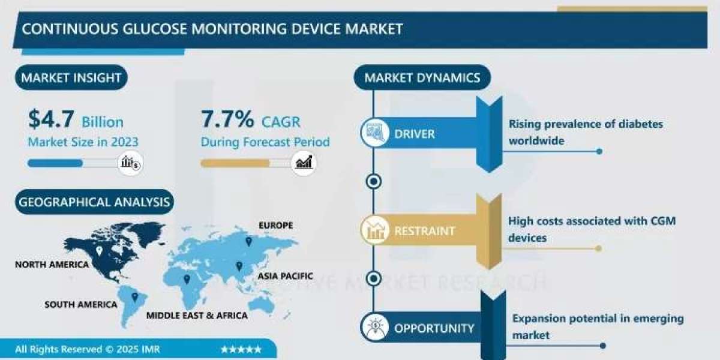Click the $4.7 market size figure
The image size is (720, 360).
tap(51, 120)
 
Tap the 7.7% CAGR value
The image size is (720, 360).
tap(227, 120)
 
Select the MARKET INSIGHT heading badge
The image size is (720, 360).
tap(71, 77)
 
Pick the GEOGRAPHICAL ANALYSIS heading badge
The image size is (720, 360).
tap(94, 202)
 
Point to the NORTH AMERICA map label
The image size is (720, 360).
tap(52, 265)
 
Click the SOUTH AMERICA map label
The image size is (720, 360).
tap(81, 305)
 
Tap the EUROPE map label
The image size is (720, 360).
tap(275, 226)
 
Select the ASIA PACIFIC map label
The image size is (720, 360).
tap(286, 276)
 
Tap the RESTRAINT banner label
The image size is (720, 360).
tap(424, 230)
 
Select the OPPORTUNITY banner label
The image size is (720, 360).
tap(434, 328)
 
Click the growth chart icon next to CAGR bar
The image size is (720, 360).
tap(304, 162)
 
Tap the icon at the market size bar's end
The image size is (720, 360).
tap(130, 162)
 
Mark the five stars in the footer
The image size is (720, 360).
tap(241, 349)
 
